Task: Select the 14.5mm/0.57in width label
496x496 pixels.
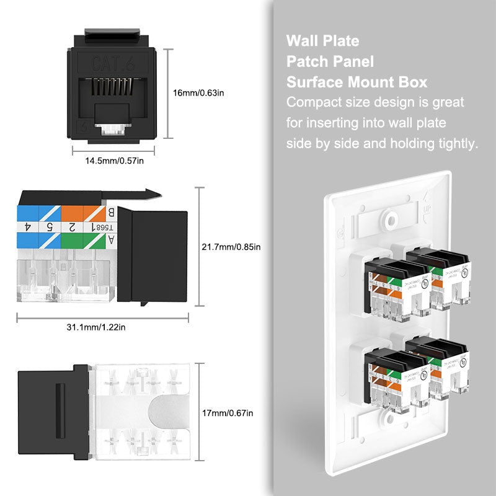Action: coord(115,161)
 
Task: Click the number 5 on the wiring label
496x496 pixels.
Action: coord(50,227)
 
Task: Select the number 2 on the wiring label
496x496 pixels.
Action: coord(72,227)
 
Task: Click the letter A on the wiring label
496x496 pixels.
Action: coord(110,240)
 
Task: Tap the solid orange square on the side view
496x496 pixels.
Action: coord(72,213)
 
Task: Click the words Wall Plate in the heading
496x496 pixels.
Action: coord(322,42)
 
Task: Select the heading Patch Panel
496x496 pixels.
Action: coord(330,62)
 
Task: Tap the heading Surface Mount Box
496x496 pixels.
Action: coord(356,82)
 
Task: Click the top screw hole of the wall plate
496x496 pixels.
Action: coord(391,219)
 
